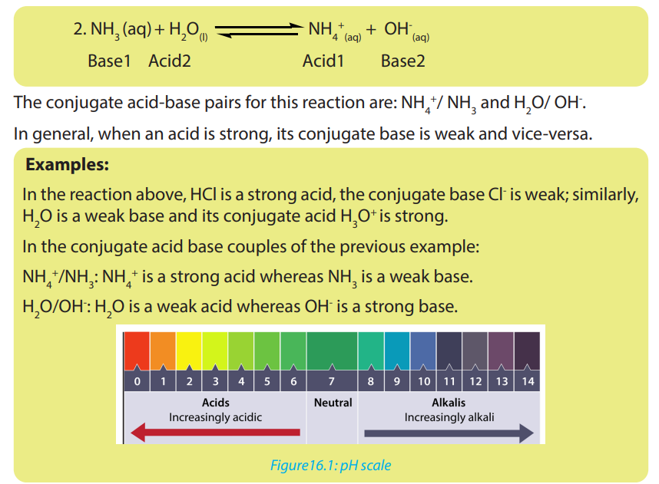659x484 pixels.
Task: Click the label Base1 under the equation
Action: (x=109, y=61)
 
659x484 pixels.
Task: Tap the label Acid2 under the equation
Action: (x=170, y=61)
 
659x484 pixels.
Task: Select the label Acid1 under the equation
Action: (x=323, y=61)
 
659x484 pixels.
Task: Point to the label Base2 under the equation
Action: (x=402, y=61)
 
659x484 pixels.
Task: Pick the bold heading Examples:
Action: (x=68, y=165)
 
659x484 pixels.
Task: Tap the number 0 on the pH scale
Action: (x=137, y=381)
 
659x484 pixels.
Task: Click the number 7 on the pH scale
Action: (x=332, y=381)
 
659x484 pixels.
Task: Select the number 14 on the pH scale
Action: (x=528, y=381)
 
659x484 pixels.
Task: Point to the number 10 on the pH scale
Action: (x=424, y=381)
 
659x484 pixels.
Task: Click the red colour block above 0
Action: (x=137, y=351)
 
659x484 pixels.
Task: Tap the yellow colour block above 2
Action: (x=189, y=351)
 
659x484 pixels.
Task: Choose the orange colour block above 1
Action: (x=163, y=351)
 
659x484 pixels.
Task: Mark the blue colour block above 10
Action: (x=423, y=351)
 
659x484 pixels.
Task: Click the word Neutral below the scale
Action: (x=333, y=403)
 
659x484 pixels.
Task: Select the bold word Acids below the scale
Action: (x=216, y=403)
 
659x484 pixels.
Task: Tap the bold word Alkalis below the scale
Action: (x=449, y=403)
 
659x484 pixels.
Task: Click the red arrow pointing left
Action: (x=215, y=433)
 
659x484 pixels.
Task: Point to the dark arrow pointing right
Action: (x=449, y=433)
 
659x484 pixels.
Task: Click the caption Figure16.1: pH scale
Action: (x=330, y=466)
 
